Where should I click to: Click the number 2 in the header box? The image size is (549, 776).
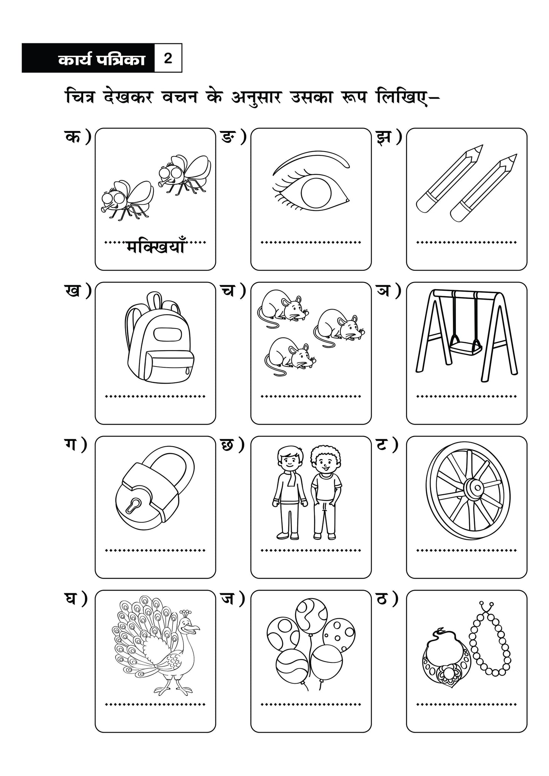[x=168, y=58]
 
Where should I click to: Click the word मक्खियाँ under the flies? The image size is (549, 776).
[x=155, y=248]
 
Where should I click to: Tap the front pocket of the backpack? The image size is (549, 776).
[x=169, y=366]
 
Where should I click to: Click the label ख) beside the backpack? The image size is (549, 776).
[x=77, y=291]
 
